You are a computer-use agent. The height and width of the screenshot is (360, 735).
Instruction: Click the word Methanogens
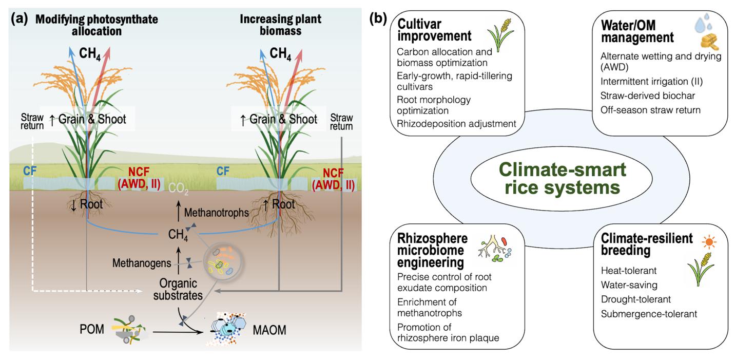pos(136,263)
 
